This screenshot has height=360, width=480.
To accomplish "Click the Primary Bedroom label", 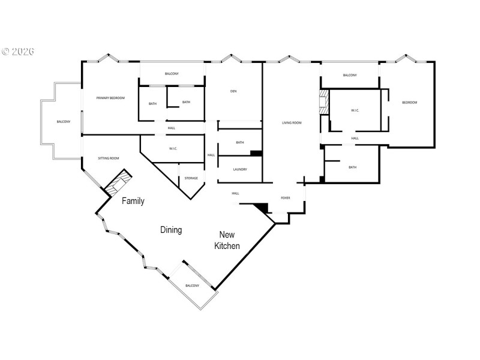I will click(110, 98).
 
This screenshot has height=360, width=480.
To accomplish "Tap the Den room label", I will click(233, 91).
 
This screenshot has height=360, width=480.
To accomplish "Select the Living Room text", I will click(292, 123).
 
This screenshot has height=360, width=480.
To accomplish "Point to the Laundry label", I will click(240, 169).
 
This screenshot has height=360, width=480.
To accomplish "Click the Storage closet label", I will click(191, 178).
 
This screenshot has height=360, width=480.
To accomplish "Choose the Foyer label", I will click(286, 197).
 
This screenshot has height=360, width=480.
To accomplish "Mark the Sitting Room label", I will click(109, 158).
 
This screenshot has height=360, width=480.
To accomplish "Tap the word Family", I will click(133, 201).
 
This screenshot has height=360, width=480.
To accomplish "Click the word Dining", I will click(171, 230).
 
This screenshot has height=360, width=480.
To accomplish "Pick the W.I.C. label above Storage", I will click(173, 149).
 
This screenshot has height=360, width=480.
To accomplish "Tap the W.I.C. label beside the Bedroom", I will click(355, 110).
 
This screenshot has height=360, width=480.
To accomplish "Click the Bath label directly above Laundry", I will click(240, 142).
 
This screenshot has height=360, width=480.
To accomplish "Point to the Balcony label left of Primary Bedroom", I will click(64, 122).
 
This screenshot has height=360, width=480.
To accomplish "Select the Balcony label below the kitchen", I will click(192, 286).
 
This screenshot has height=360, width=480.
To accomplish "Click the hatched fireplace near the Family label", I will click(118, 183).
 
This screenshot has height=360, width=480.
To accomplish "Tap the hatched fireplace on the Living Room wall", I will click(324, 102).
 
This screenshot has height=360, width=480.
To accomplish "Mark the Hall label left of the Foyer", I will click(235, 193).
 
